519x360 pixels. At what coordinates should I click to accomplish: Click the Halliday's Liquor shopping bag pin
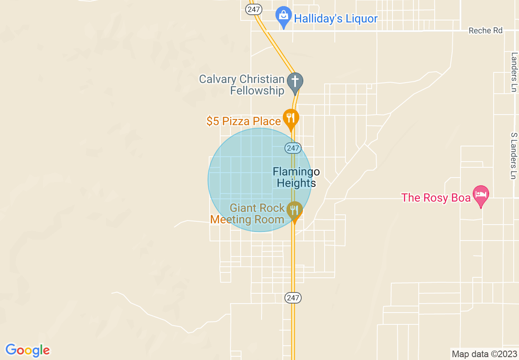[283, 17]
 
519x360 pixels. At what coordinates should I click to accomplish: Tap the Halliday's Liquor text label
[336, 19]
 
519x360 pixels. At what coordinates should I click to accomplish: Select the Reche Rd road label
[485, 31]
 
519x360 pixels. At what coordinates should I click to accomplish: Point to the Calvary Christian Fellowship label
[242, 85]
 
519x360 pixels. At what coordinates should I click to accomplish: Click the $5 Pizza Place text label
[244, 121]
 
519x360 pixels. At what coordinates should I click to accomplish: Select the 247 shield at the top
[253, 9]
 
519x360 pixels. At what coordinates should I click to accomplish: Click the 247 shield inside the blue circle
[293, 148]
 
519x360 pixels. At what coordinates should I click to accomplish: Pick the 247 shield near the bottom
[293, 298]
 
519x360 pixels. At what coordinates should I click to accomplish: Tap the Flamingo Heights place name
[296, 177]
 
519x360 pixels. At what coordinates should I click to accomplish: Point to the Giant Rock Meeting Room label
[248, 214]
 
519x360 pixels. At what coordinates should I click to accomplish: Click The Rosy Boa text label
[436, 198]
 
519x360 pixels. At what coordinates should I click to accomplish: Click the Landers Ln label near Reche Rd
[514, 72]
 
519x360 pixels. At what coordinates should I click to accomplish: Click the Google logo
[27, 350]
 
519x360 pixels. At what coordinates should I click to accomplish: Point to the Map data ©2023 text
[483, 354]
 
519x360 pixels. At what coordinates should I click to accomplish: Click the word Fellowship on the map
[257, 90]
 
